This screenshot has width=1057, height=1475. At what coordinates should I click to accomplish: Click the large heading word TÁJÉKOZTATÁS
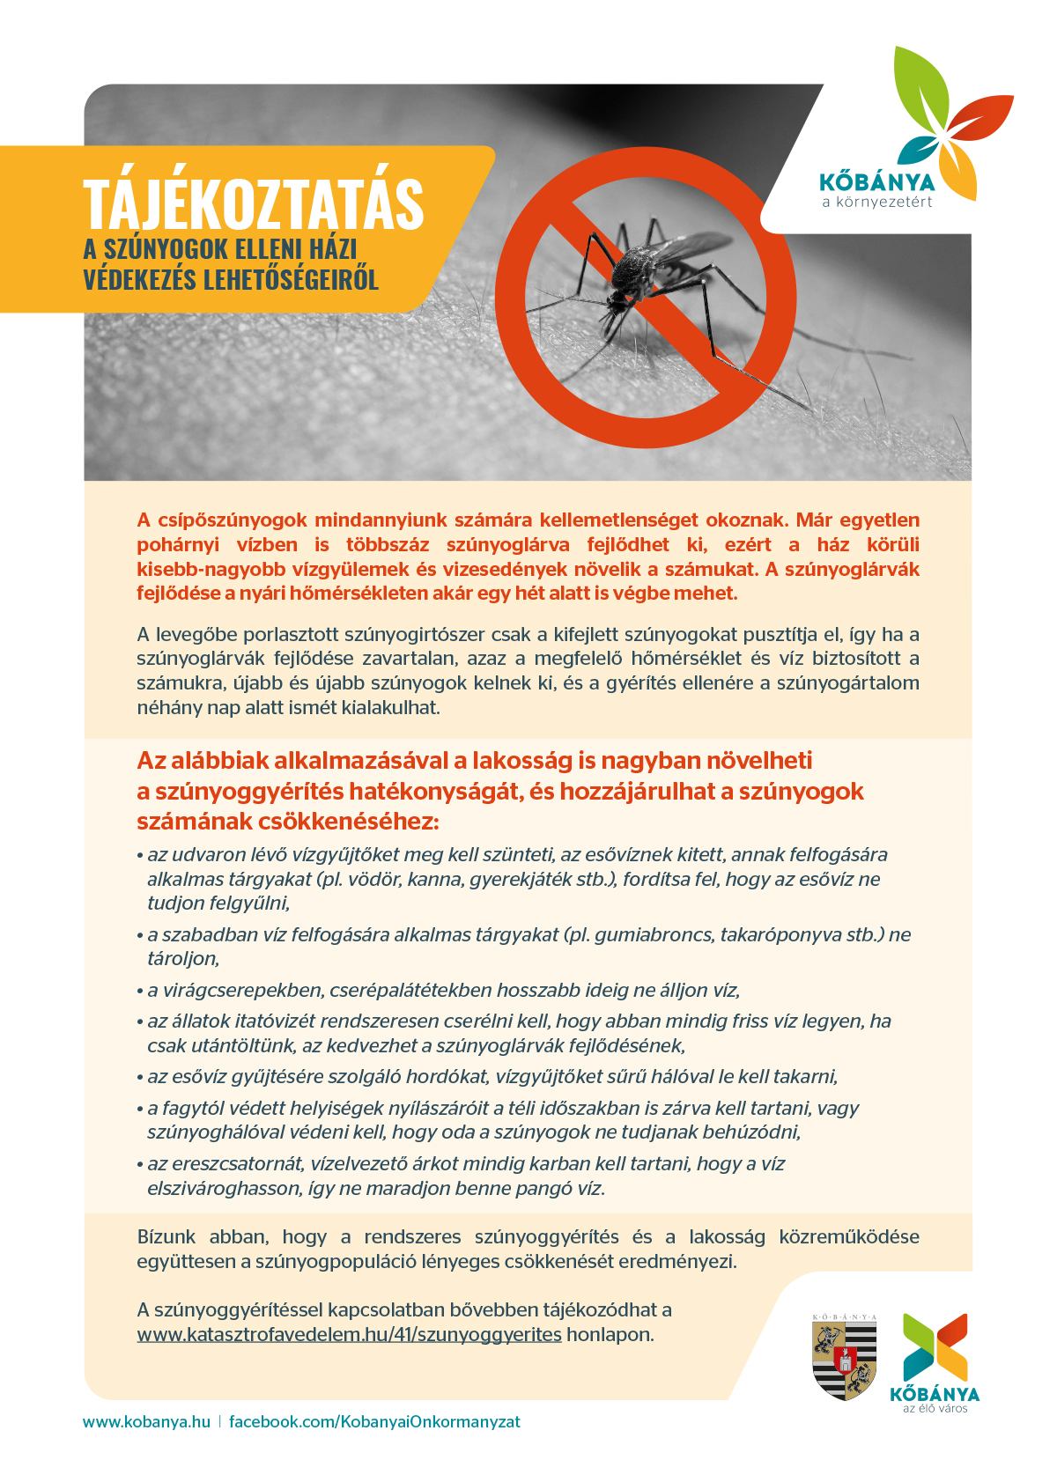(x=254, y=203)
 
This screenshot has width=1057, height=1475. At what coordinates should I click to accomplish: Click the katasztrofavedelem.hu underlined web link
(x=349, y=1334)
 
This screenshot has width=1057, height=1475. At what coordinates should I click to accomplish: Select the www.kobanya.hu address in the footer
(x=146, y=1421)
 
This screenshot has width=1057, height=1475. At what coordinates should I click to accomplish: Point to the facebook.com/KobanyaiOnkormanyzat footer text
(x=374, y=1421)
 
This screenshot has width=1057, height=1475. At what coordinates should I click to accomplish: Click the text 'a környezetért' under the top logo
(x=876, y=203)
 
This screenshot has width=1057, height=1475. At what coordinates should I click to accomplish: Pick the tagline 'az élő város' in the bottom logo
(x=935, y=1408)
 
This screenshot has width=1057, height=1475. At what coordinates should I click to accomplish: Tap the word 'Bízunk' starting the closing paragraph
(x=166, y=1236)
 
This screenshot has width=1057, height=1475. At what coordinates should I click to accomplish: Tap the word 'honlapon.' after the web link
(x=610, y=1334)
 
